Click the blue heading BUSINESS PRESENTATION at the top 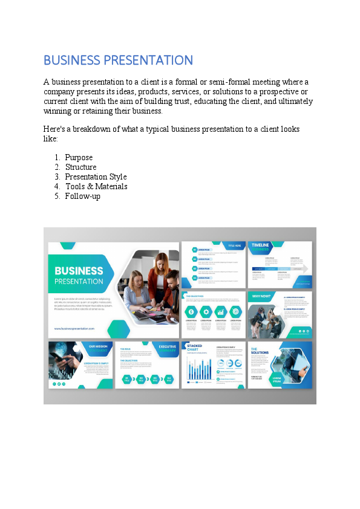click(118, 60)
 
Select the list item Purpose click(79, 157)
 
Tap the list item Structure click(80, 167)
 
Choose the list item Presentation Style click(96, 177)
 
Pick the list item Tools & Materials click(96, 186)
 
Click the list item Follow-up click(82, 196)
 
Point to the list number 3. click(57, 177)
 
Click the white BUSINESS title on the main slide click(79, 271)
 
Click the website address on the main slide click(74, 328)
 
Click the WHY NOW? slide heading click(261, 296)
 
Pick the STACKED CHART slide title click(195, 348)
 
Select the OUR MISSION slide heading click(99, 348)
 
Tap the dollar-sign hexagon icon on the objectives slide click(191, 312)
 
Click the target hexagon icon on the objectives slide click(235, 312)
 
